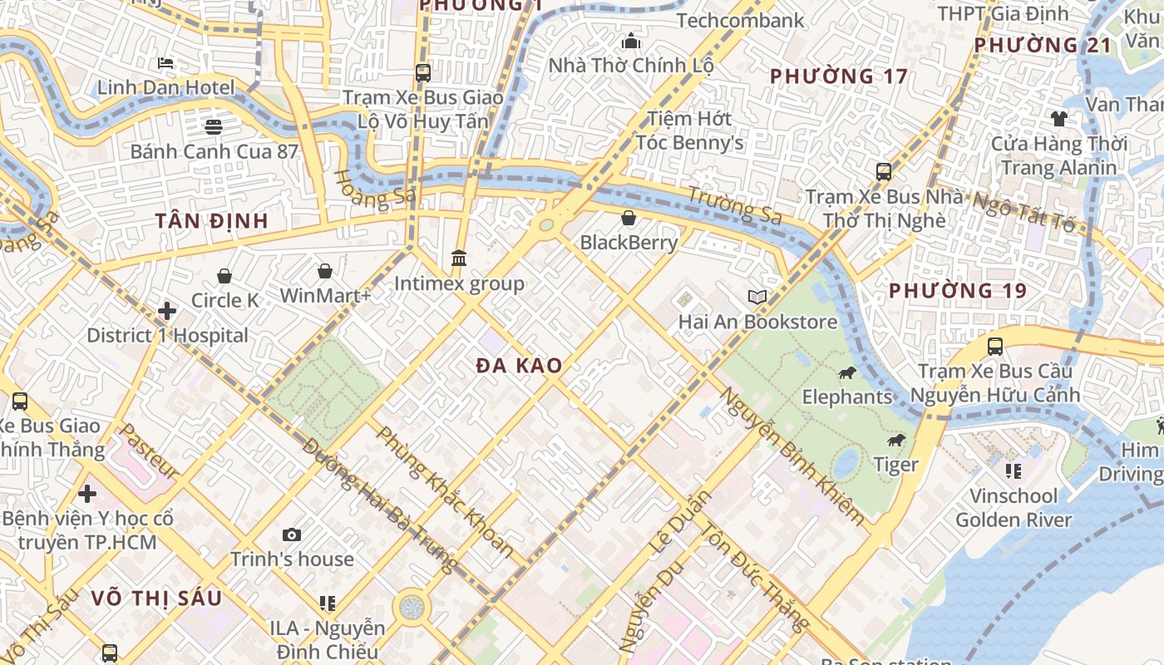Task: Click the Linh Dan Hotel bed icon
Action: point(165,63)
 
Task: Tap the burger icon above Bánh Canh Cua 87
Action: point(214,126)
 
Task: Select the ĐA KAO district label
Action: point(520,366)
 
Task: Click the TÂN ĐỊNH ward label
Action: point(212,221)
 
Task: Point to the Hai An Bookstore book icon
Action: point(757,297)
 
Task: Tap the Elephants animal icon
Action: point(847,372)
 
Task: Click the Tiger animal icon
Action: point(895,440)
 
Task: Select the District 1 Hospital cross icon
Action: point(167,311)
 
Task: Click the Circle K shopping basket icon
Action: point(224,276)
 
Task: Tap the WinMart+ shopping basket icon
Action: point(325,271)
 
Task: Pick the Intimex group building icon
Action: point(459,259)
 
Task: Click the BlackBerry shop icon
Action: point(629,218)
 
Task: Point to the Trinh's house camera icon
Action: point(291,534)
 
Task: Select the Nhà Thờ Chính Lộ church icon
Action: point(631,41)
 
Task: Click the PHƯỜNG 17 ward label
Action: point(839,76)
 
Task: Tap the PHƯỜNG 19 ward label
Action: point(958,291)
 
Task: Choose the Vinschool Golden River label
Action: point(1014,508)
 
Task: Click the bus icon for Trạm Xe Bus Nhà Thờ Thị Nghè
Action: point(884,172)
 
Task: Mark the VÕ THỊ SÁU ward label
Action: point(156,598)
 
